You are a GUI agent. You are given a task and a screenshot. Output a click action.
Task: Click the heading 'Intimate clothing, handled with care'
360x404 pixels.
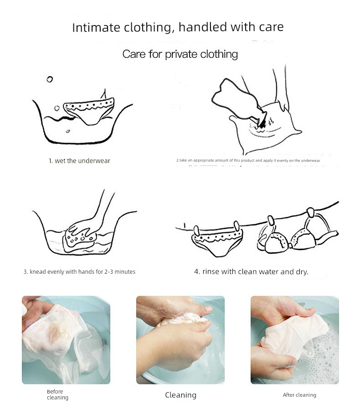(x=178, y=27)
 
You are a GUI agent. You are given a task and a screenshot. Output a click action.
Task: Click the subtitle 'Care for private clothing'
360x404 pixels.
(x=180, y=54)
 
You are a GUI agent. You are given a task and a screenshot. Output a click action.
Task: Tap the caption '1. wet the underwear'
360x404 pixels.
(x=79, y=161)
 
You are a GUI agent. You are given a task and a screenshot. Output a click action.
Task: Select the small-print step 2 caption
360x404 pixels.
(x=248, y=160)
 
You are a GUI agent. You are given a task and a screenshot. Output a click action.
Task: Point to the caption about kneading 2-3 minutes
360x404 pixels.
(x=79, y=271)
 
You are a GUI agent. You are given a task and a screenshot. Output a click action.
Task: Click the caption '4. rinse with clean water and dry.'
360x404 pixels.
(x=251, y=271)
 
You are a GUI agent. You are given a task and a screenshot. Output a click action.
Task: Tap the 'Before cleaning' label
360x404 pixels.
(x=57, y=394)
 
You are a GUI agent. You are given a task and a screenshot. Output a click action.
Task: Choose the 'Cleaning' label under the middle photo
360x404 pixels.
(x=180, y=395)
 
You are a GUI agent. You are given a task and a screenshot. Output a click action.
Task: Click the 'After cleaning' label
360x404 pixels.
(x=299, y=395)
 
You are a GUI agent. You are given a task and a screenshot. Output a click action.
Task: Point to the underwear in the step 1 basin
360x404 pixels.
(x=89, y=111)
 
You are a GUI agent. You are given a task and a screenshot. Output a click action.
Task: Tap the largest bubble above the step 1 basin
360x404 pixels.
(x=50, y=79)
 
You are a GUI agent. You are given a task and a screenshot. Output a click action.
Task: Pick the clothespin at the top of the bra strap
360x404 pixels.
(x=310, y=213)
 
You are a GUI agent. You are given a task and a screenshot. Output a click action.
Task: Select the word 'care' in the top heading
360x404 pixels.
(x=271, y=27)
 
